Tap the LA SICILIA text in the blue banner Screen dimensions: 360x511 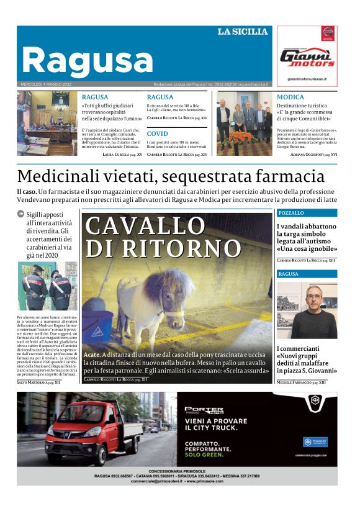[243, 32]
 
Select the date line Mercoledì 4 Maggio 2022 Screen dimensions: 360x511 [47, 84]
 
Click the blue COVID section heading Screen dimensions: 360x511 [157, 133]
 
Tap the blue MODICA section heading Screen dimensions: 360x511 [290, 97]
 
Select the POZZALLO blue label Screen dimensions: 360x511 [292, 213]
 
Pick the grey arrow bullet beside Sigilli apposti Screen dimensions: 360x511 [20, 214]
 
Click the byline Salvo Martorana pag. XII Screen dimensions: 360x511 [38, 382]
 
